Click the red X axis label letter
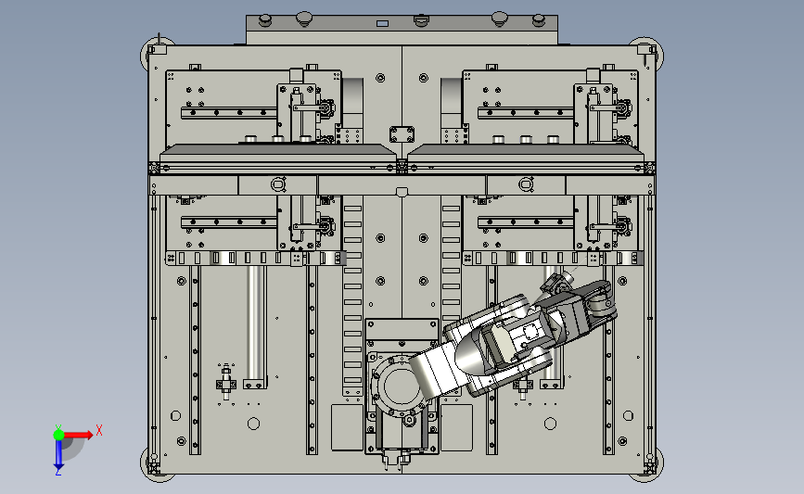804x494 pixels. (x=99, y=430)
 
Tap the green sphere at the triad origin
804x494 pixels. (x=58, y=435)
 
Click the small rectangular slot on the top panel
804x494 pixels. (x=382, y=23)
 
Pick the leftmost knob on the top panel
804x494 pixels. (x=265, y=20)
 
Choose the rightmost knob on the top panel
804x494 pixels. (x=538, y=20)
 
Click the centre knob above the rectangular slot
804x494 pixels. (x=420, y=20)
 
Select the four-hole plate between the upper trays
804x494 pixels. (x=402, y=134)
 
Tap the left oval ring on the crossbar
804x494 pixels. (x=278, y=184)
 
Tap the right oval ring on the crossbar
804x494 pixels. (x=526, y=184)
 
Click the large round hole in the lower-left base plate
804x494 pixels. (x=253, y=424)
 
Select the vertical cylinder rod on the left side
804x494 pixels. (x=255, y=323)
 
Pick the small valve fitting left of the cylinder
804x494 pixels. (x=226, y=382)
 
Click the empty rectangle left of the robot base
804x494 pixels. (x=347, y=428)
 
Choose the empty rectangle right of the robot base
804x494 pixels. (x=457, y=428)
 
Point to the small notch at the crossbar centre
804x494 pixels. (x=402, y=192)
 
